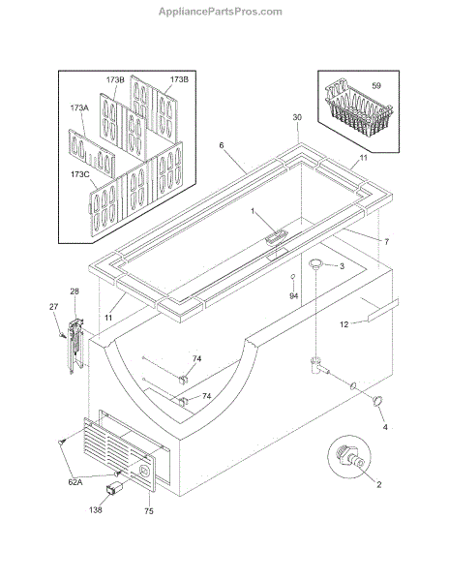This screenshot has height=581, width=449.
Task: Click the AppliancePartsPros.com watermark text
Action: [x=221, y=12]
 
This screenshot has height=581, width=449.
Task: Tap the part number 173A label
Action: [x=79, y=107]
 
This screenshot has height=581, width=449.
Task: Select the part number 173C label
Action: [x=80, y=173]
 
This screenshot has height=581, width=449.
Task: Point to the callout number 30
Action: [x=297, y=117]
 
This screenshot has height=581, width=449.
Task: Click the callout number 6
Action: [x=222, y=145]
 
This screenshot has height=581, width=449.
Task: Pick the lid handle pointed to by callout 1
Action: [x=276, y=237]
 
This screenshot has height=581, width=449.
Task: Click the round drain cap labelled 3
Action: [x=315, y=263]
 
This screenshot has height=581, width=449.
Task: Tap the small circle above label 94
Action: [x=292, y=276]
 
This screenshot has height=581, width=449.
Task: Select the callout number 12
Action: [x=344, y=324]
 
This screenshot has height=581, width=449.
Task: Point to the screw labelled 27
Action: [x=62, y=335]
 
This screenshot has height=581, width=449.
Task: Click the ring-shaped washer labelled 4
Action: [x=377, y=401]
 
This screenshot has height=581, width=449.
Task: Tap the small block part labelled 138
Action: [x=114, y=488]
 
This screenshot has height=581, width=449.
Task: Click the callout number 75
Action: [x=149, y=511]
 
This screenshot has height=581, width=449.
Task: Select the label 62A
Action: [x=75, y=482]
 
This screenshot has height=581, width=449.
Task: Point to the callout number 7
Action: [x=387, y=242]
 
